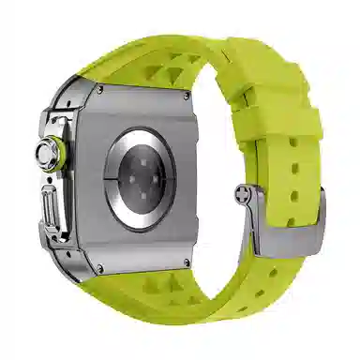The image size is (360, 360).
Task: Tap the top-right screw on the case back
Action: pos(187,96)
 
